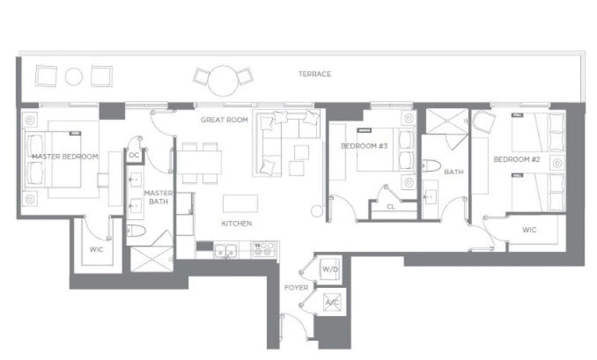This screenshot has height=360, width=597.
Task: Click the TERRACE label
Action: point(314,74)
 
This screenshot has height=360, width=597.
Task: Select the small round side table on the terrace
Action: point(74,76)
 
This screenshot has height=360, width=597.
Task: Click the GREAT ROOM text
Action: point(224,119)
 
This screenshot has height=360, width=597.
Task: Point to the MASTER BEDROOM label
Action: point(65,157)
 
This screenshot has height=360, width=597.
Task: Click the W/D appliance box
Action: point(328,269)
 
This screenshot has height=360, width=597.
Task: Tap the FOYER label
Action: point(296,288)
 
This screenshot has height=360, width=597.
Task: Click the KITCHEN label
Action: point(236,223)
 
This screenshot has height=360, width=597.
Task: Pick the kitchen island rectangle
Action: point(241,204)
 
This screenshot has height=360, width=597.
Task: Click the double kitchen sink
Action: point(224,251)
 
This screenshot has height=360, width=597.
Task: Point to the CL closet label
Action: point(391,207)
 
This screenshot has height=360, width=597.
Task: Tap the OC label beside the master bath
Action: point(134,155)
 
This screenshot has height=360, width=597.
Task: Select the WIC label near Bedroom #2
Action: point(529,229)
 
